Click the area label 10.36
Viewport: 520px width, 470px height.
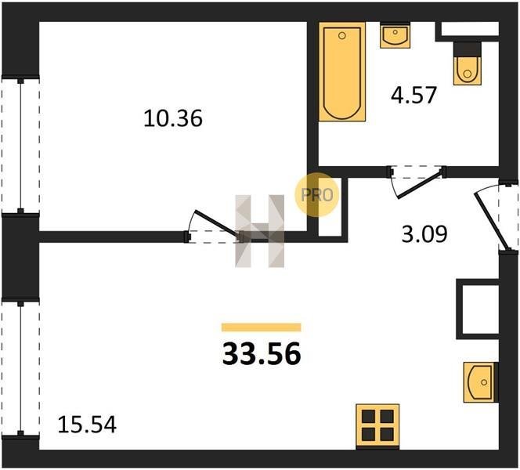(173, 119)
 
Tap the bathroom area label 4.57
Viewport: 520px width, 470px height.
(413, 96)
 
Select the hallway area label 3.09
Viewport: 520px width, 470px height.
(424, 234)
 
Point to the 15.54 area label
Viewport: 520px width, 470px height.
(87, 425)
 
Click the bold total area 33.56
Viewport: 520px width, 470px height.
(262, 354)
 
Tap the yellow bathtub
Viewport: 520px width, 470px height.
(342, 71)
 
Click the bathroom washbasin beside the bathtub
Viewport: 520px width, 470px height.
(395, 35)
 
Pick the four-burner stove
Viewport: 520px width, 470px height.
(377, 425)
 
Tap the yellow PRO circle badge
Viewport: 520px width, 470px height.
(316, 195)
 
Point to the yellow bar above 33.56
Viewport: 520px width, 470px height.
(262, 327)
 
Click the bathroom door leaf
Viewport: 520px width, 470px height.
(420, 184)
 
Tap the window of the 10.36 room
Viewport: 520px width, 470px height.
(20, 146)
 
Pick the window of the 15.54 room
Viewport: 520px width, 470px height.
(20, 368)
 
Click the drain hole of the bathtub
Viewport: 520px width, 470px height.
(342, 35)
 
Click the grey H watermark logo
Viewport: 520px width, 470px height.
(260, 231)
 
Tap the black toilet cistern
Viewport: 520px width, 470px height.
(468, 49)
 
